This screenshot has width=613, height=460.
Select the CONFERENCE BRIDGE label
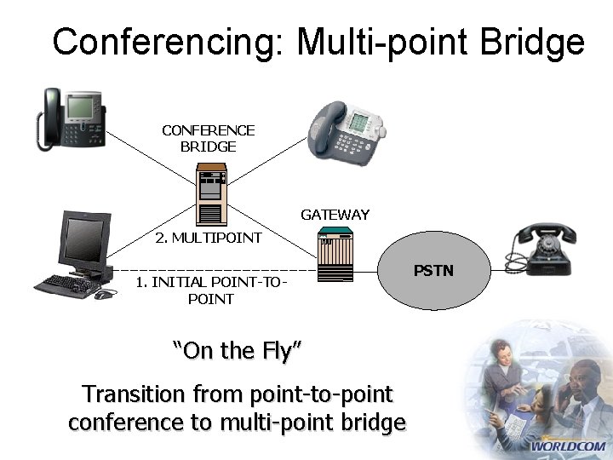click(x=209, y=138)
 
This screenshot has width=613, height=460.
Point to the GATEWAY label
click(x=335, y=215)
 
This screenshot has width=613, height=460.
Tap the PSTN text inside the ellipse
click(x=433, y=271)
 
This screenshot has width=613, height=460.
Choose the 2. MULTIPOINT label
click(x=209, y=238)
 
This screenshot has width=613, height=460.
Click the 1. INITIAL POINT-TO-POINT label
click(x=210, y=290)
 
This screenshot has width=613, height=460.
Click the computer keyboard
click(x=67, y=285)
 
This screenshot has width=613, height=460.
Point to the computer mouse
click(x=103, y=295)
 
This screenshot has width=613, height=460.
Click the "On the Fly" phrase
click(x=238, y=349)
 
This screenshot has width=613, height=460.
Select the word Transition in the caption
click(x=133, y=394)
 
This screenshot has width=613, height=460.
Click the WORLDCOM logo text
click(x=568, y=446)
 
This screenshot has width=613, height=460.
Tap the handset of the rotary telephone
click(x=546, y=232)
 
